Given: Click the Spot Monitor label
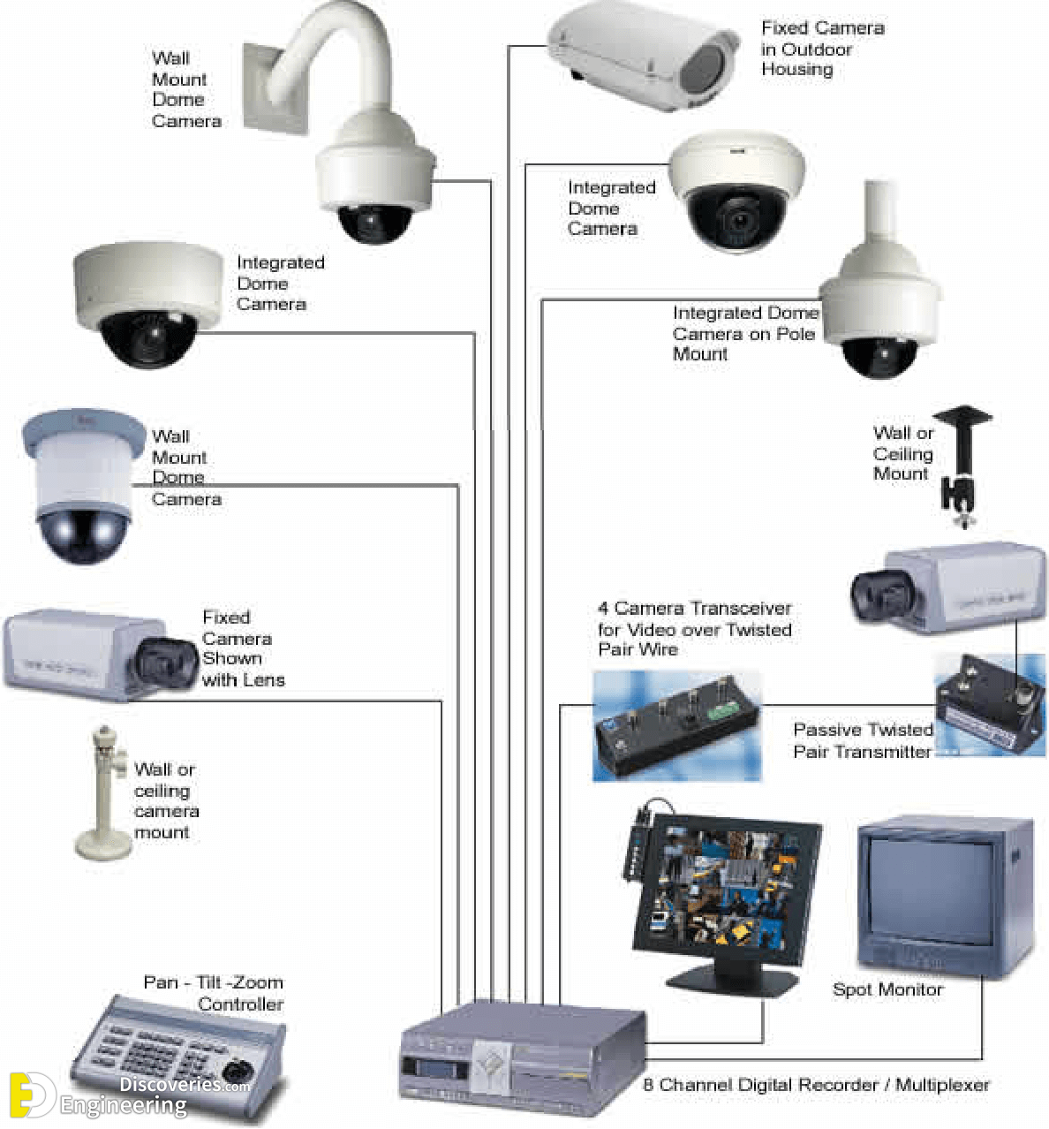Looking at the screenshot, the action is tap(887, 989).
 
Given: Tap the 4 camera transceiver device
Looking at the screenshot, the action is tap(676, 725).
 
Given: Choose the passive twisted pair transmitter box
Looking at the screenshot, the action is tap(989, 706).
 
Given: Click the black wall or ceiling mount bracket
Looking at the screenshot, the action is tap(962, 466).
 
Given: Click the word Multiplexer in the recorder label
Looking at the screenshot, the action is tap(942, 1085).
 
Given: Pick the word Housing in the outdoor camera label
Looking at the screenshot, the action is tap(796, 70).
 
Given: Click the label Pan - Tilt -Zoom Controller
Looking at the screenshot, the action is tap(213, 993).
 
